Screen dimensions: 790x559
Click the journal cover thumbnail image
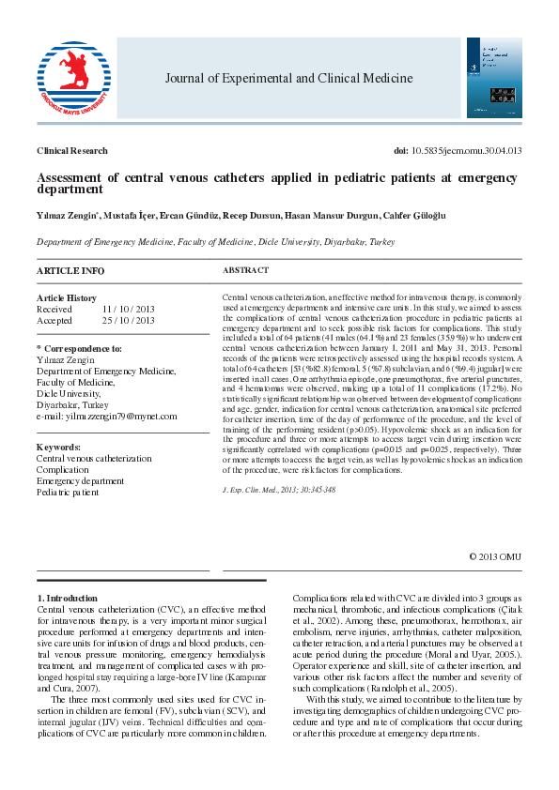tap(494, 78)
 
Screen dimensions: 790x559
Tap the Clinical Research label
tap(71, 151)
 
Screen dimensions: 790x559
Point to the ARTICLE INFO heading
tap(70, 270)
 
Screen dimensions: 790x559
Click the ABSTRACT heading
tap(245, 270)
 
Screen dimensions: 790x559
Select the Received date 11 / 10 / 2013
tap(129, 309)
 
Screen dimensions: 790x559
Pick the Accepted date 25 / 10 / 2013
tap(129, 320)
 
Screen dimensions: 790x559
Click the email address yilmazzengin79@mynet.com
tap(118, 417)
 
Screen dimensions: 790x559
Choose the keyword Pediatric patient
tap(68, 493)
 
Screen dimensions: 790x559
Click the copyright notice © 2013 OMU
tap(495, 556)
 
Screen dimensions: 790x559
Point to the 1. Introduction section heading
tap(67, 598)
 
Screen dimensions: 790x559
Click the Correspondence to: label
tap(81, 349)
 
